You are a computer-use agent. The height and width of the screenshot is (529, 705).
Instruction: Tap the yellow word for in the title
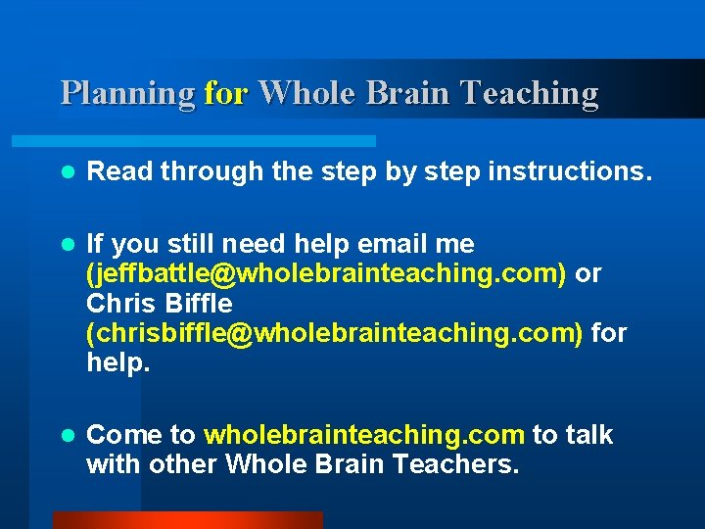click(x=226, y=93)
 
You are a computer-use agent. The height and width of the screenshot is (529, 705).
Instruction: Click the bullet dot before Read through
click(x=67, y=172)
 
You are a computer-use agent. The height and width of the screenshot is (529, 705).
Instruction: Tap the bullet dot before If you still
click(x=67, y=244)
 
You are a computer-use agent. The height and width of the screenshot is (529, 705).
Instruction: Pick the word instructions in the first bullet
click(x=569, y=172)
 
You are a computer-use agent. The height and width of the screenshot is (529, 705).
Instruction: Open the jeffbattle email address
click(x=326, y=273)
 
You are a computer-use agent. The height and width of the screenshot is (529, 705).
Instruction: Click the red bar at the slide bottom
click(x=187, y=520)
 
